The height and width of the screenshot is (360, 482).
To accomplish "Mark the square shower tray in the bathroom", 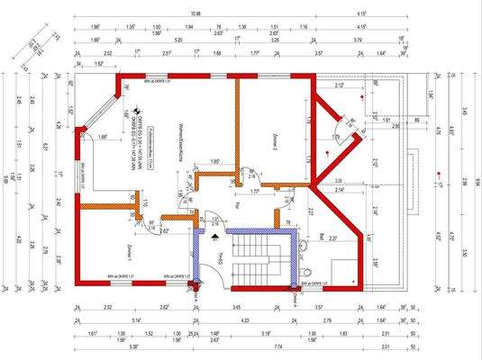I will pyautogui.click(x=342, y=270).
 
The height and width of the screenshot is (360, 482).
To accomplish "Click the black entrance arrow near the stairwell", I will pyautogui.click(x=214, y=239).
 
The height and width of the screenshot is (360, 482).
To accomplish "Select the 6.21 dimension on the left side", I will pyautogui.click(x=42, y=144).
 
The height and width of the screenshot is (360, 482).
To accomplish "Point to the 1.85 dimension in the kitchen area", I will pyautogui.click(x=215, y=161).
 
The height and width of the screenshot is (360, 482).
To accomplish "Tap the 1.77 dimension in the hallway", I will pyautogui.click(x=255, y=191).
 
